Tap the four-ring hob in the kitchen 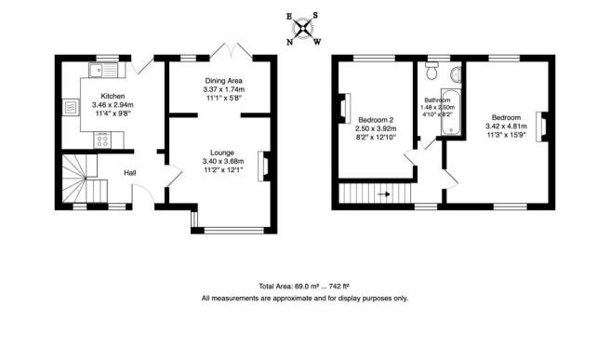[104, 141]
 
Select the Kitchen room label [113, 96]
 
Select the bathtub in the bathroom [453, 109]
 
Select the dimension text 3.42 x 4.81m [506, 127]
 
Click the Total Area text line [304, 287]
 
